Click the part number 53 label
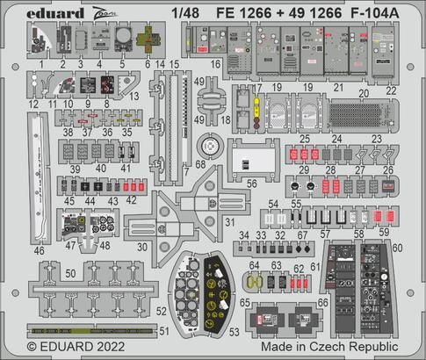[x=235, y=334]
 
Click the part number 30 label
[x=142, y=248]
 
